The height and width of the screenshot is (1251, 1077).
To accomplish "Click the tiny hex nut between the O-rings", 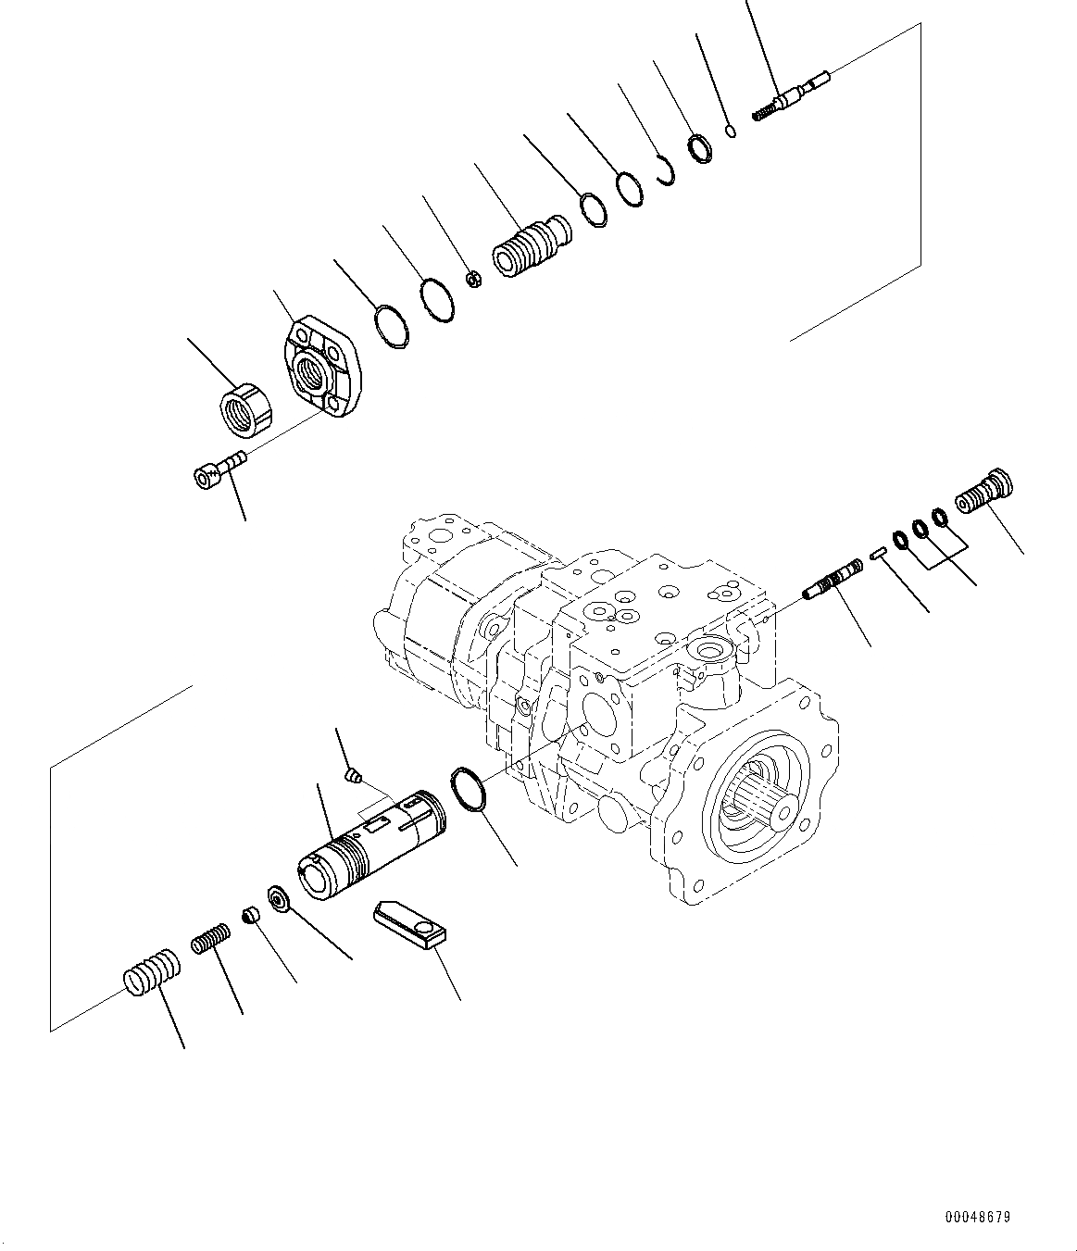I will [472, 278].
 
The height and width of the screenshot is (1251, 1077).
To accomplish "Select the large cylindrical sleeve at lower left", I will [370, 844].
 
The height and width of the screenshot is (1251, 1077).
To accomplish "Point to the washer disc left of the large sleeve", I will [277, 898].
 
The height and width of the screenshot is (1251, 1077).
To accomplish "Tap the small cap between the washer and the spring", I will [249, 916].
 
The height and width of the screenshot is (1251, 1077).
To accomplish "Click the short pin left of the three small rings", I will [880, 555].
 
